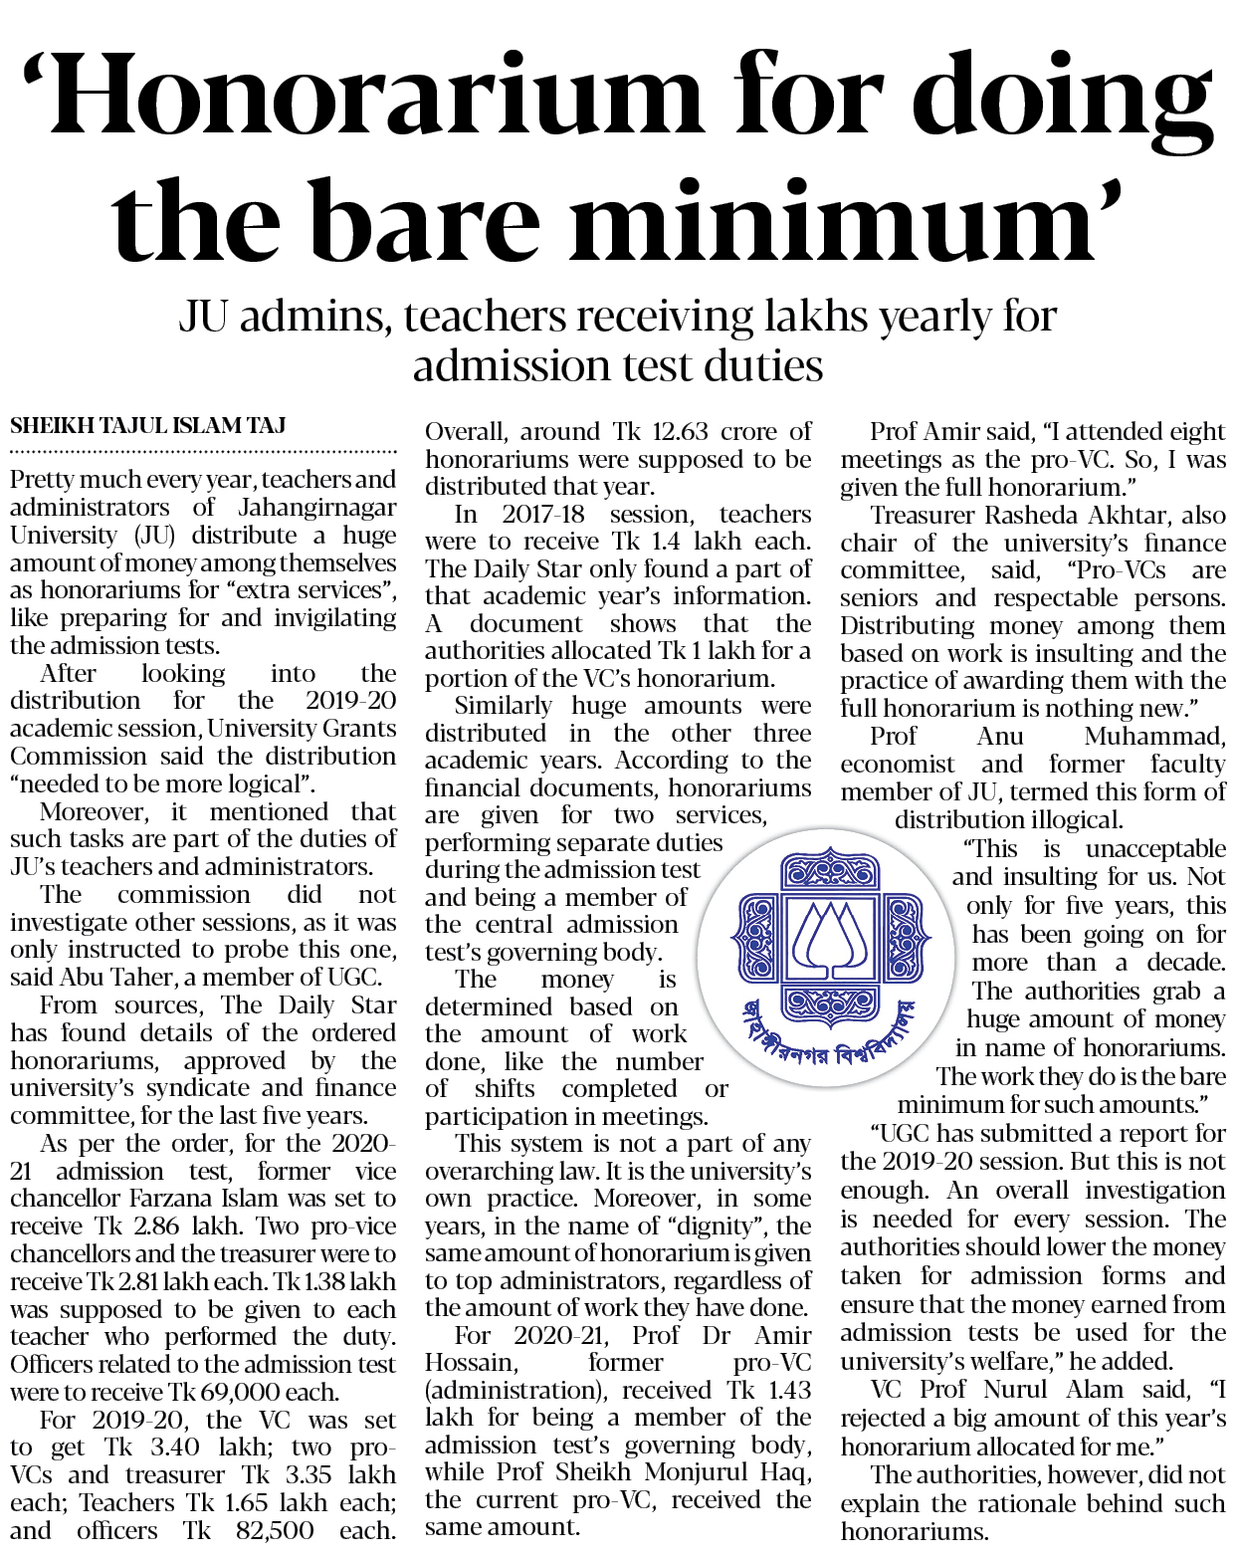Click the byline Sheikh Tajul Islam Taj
click(x=148, y=426)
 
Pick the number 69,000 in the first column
click(x=240, y=1392)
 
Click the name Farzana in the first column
click(x=277, y=1199)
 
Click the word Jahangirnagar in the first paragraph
click(x=317, y=507)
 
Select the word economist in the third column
click(x=898, y=764)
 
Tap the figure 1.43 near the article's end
click(x=785, y=1390)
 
